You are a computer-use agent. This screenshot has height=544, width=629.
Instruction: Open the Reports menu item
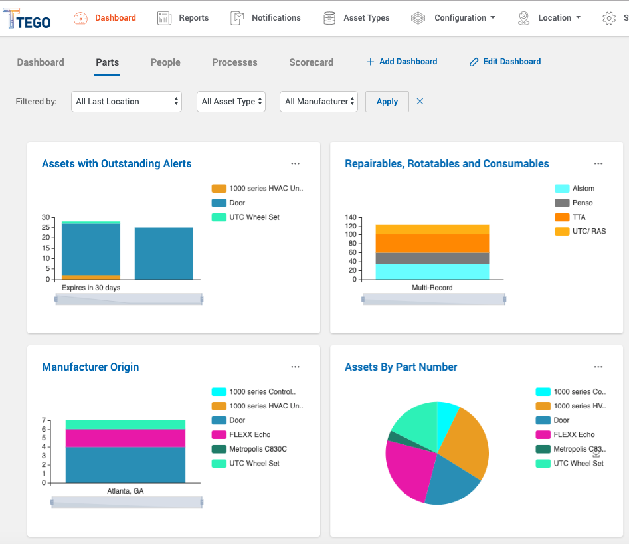coord(183,18)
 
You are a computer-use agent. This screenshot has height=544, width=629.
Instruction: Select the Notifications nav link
coord(266,18)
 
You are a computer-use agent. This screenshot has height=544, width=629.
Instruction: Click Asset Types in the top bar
coord(357,18)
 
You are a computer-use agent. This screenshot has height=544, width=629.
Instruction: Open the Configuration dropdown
coord(454,18)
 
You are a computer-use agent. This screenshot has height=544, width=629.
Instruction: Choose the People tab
coord(165,62)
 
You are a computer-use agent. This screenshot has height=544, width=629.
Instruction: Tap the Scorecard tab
coord(311,62)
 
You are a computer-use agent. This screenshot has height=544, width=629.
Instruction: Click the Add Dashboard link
coord(402,62)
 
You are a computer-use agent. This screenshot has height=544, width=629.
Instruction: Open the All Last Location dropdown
coord(126,102)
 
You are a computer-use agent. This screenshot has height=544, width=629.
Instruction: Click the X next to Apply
coord(420,102)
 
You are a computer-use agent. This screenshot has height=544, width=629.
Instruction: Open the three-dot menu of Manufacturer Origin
coord(295,367)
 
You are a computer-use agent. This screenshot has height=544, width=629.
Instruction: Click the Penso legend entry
coord(582,203)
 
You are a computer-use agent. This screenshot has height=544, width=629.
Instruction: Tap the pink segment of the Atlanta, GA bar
coord(125,438)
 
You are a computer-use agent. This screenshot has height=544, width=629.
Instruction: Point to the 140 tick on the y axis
coord(351,217)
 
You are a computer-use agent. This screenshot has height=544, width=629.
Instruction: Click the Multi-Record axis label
coord(432,288)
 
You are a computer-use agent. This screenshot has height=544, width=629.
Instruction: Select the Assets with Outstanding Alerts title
coord(116,164)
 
